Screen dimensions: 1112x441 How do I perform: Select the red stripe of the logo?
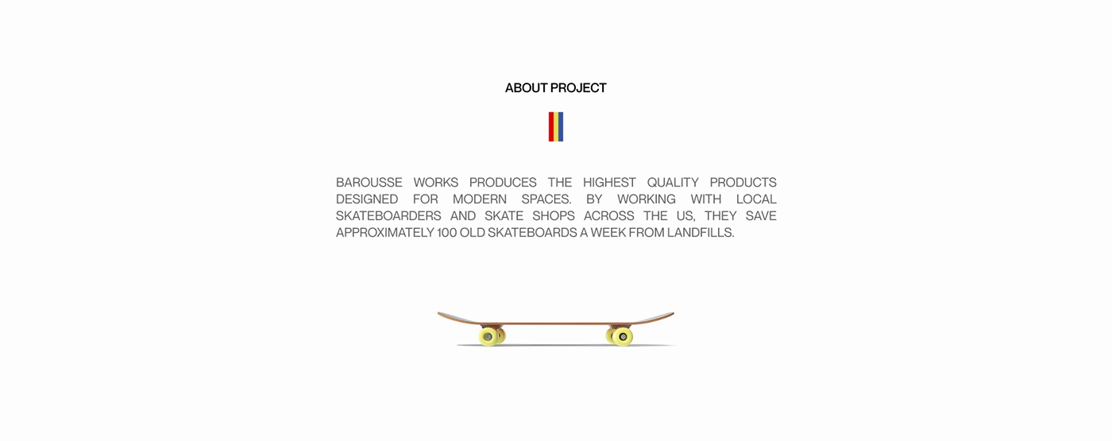[551, 126]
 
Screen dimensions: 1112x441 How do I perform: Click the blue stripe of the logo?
[561, 126]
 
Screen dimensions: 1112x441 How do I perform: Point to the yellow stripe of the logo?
[556, 126]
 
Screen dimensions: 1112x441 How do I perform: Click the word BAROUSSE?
[369, 182]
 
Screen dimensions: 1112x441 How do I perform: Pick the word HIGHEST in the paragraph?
[609, 182]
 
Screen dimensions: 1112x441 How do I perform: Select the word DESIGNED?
[367, 199]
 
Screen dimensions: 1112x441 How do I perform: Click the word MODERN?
[480, 199]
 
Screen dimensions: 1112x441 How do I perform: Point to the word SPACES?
[546, 199]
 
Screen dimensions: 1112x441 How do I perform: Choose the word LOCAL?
[756, 199]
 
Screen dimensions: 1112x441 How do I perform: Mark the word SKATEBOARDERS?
[388, 216]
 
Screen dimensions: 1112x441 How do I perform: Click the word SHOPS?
[554, 216]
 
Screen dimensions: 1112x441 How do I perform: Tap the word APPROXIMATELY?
[385, 232]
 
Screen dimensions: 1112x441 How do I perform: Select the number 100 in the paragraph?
[446, 232]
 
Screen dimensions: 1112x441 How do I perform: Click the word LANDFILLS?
[701, 232]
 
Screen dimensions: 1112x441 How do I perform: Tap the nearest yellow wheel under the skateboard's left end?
[488, 337]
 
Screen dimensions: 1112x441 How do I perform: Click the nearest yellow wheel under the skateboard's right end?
[623, 337]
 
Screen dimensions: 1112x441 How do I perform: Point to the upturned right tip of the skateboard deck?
[674, 313]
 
